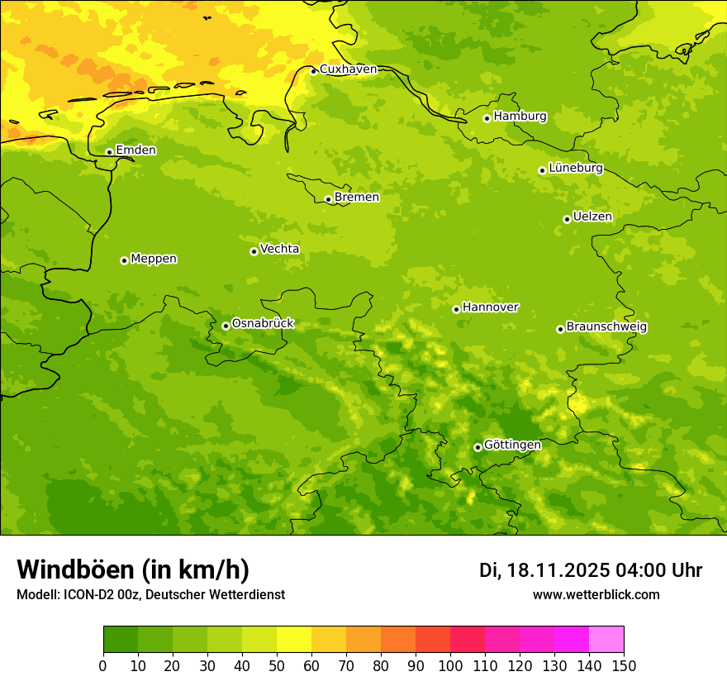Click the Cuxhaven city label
(348, 69)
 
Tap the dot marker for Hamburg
(487, 118)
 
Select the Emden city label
(135, 150)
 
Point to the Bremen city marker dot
(328, 199)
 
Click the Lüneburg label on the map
(576, 169)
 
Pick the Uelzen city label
(592, 217)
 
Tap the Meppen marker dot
(124, 260)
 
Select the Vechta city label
(279, 249)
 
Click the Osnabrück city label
(263, 324)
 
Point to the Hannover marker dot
(456, 309)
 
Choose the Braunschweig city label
(606, 327)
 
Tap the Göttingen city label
(512, 445)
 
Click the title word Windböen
(75, 570)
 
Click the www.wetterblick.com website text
(596, 595)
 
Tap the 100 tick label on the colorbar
(450, 666)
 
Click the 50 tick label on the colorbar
(277, 666)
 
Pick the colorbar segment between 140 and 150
(606, 640)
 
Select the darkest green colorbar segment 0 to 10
(121, 640)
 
